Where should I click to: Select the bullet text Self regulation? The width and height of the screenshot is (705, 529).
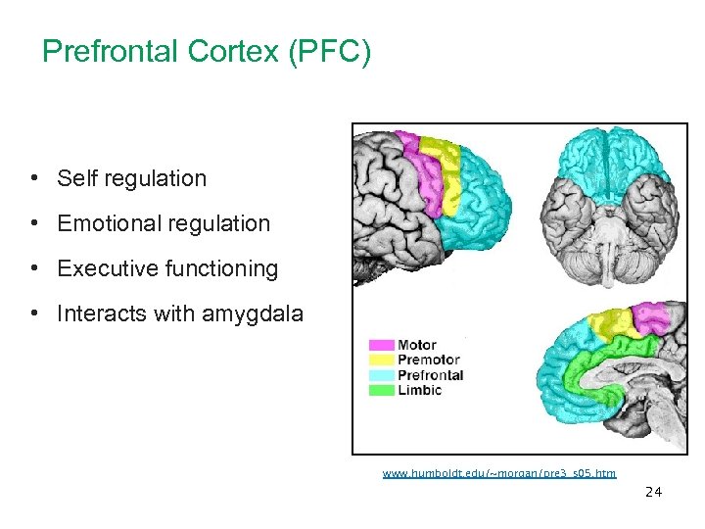click(131, 178)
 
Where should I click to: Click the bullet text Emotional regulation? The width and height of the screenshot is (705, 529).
click(163, 223)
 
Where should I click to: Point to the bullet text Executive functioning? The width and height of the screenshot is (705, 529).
click(167, 268)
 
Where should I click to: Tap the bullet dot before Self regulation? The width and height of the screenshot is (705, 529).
click(34, 178)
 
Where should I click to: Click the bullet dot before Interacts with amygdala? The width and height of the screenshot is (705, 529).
click(34, 313)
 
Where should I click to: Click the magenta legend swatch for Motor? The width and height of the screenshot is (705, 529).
click(381, 346)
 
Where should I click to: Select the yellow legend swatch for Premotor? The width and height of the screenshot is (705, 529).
click(381, 361)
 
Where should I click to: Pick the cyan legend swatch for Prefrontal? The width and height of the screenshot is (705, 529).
click(381, 375)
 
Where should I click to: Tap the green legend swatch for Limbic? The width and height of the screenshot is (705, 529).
click(381, 390)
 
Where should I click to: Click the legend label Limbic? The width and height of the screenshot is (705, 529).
click(419, 390)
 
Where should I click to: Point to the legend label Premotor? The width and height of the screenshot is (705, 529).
click(429, 361)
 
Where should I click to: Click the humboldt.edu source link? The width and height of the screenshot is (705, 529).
click(499, 474)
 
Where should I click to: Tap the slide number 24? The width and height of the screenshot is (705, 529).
click(653, 492)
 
